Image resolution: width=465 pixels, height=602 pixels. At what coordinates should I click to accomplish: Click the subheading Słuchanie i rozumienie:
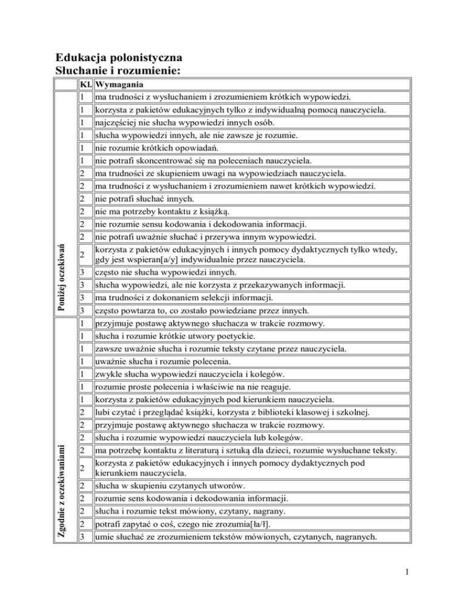point(118,73)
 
